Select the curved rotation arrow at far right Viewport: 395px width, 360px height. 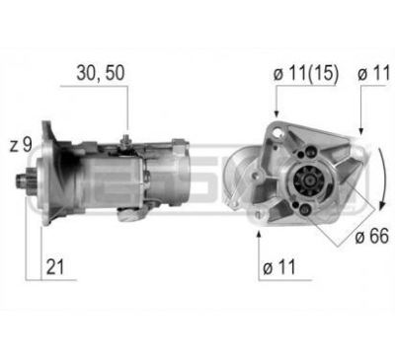pyautogui.click(x=380, y=187)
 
